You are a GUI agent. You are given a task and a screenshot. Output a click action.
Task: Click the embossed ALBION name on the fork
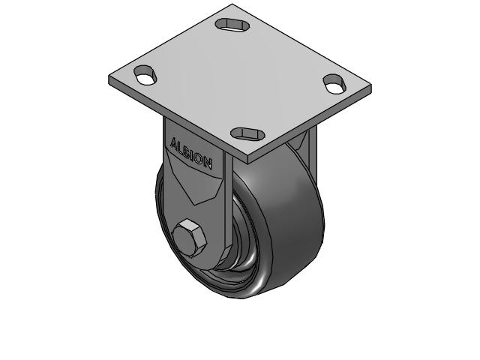pos(192,152)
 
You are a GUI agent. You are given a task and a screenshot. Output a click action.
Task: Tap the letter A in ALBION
pos(175,142)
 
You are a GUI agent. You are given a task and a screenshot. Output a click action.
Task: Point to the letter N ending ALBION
pos(208,162)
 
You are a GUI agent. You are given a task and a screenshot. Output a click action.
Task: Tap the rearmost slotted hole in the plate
pos(233,25)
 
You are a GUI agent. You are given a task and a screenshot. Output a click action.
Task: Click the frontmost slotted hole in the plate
pos(248,133)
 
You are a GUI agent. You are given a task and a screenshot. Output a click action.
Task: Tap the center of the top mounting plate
pos(240,79)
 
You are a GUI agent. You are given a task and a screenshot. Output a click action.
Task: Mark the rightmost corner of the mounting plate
pos(370,90)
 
